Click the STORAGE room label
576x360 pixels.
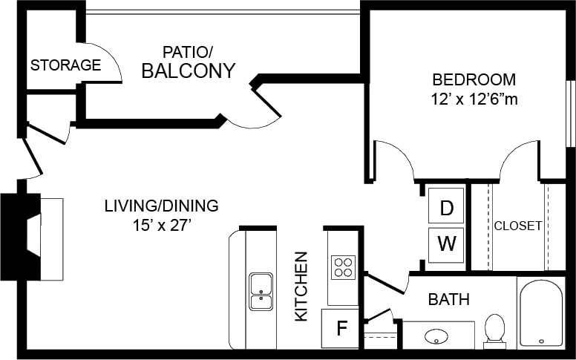(x=65, y=65)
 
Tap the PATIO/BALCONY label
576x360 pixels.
(x=188, y=62)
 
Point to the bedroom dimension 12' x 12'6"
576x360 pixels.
(x=474, y=99)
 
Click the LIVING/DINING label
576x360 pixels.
(x=161, y=206)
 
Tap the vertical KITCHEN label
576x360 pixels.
(x=301, y=286)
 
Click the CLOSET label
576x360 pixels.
(x=517, y=226)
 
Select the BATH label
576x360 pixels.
(x=448, y=300)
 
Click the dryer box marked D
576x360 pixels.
(x=446, y=208)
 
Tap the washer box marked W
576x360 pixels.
(x=446, y=243)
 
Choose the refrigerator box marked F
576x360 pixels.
(x=341, y=328)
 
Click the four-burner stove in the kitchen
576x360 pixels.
(x=343, y=266)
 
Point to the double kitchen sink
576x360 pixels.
(x=261, y=292)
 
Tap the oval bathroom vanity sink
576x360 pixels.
(x=436, y=336)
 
